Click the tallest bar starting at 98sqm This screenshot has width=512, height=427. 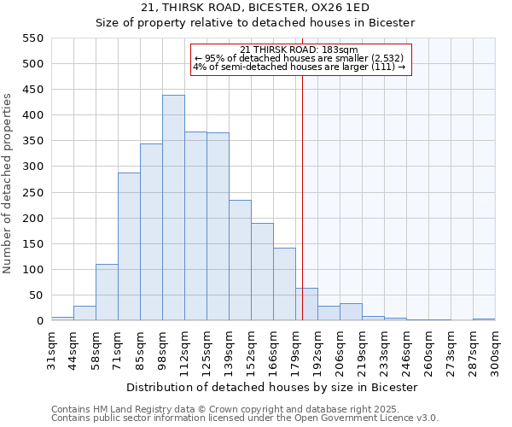[x=173, y=208]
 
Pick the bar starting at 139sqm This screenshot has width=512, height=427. [x=240, y=260]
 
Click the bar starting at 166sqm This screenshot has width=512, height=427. [x=284, y=284]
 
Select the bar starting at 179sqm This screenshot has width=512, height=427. [x=306, y=304]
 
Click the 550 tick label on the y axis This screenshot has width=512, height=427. [x=32, y=38]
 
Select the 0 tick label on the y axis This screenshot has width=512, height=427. [x=39, y=321]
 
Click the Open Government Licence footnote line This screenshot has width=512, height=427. [x=245, y=418]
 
